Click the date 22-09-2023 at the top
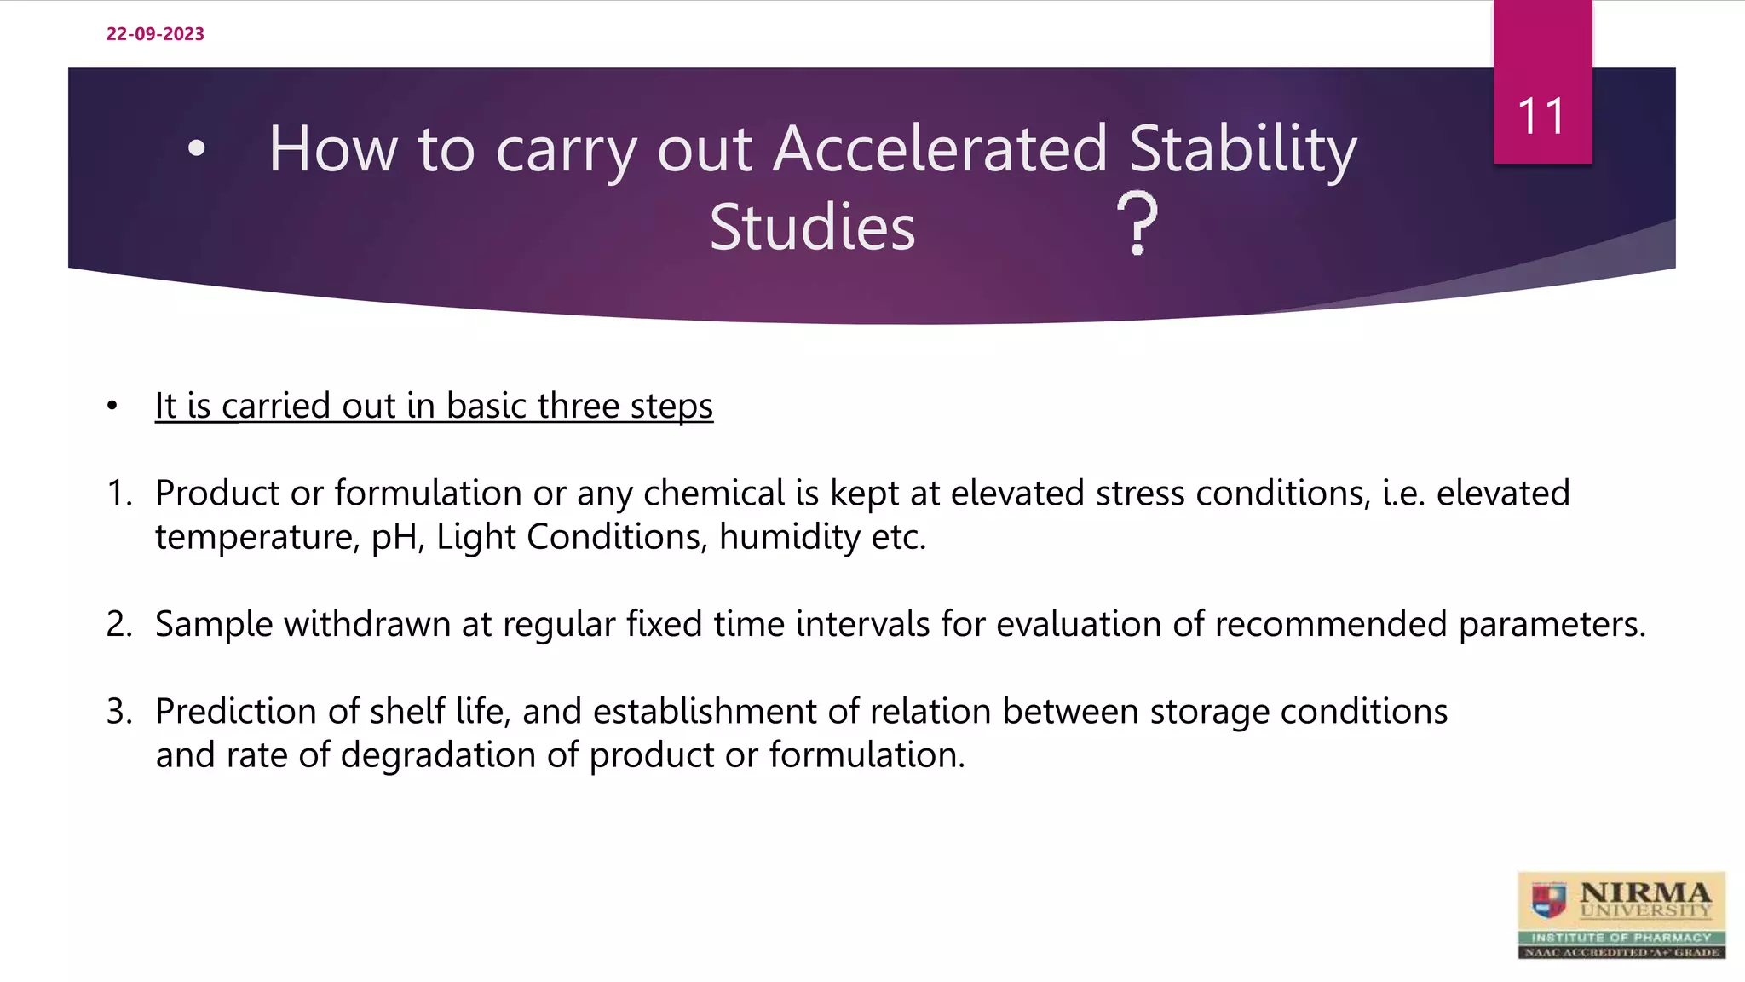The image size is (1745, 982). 155,34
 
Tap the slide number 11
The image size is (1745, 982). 1541,117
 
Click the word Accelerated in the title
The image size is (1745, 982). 941,149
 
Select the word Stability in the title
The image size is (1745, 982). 1243,149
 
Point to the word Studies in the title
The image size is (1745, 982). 812,228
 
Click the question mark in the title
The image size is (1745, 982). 1137,223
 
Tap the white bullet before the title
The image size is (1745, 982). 197,149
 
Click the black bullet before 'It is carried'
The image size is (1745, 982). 112,407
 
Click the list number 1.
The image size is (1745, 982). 118,494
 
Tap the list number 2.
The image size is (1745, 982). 118,625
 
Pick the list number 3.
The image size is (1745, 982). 118,712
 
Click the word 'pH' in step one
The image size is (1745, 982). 396,538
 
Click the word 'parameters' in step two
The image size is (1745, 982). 1551,625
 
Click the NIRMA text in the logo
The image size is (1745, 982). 1644,893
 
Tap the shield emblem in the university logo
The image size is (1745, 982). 1548,899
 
